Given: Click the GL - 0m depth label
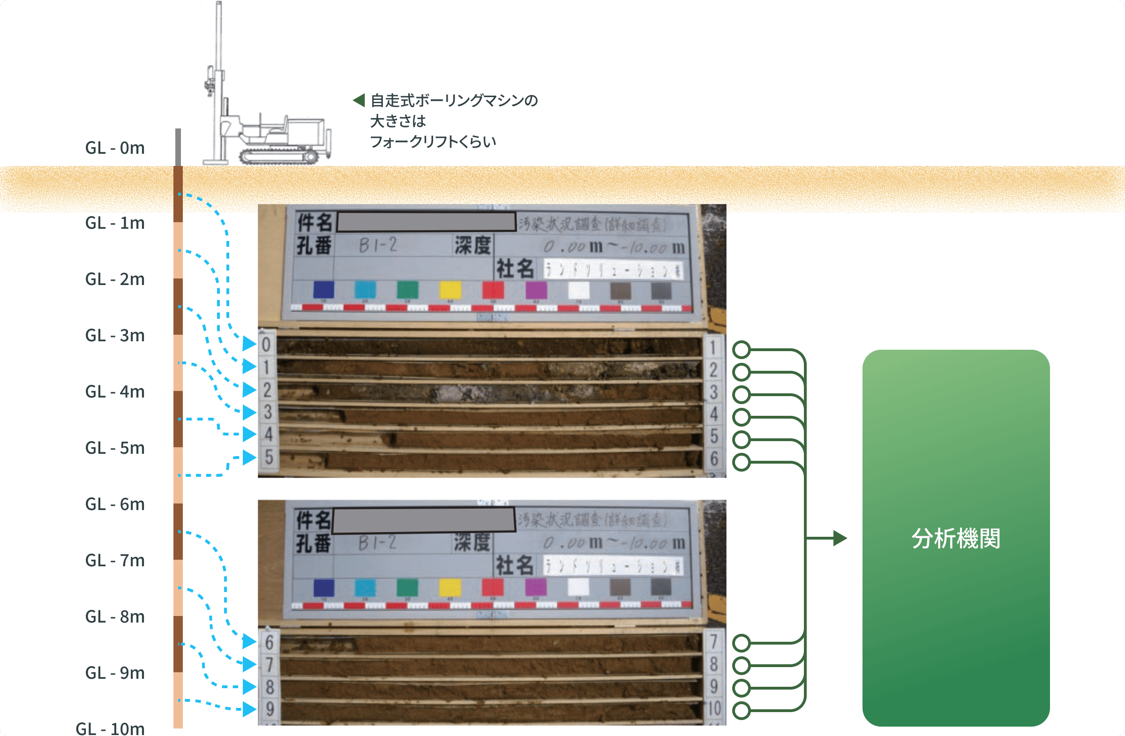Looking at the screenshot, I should coord(114,148).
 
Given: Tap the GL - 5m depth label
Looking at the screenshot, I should coord(114,448).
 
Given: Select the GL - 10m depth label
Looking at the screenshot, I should coord(110,728).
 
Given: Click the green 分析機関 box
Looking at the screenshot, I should coord(955,538).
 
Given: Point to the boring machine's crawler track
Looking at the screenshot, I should coord(279,156).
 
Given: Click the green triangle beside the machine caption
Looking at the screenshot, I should coord(359,100).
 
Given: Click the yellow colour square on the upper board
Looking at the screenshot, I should coord(450,290).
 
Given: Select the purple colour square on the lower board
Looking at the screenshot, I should coord(536,587).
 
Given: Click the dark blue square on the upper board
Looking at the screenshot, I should coord(324,290).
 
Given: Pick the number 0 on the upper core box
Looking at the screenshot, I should coord(266,344).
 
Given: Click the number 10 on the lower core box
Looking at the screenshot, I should coord(714,708).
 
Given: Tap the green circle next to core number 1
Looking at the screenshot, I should coord(741,350).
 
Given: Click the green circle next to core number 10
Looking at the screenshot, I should coord(741,711).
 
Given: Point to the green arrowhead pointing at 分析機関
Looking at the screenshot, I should coord(840,538).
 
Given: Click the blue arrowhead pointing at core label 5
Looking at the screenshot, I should coord(249,457).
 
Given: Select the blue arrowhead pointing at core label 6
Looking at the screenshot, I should coord(249,641).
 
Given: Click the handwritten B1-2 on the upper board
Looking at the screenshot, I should coord(378,245).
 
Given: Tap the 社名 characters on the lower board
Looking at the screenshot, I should coord(514,565).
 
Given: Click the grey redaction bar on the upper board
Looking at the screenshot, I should coord(426,222).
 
